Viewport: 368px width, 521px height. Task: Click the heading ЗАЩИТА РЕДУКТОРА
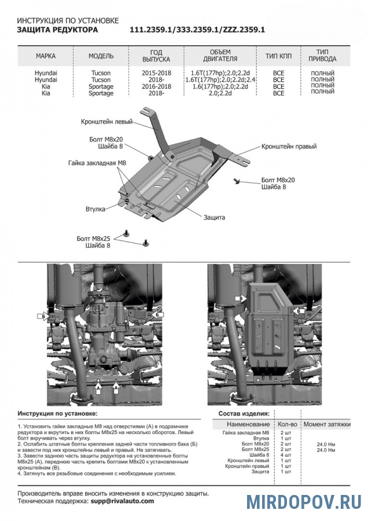pyautogui.click(x=57, y=29)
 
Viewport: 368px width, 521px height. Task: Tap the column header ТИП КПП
pyautogui.click(x=278, y=56)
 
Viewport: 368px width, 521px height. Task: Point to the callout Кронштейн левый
pyautogui.click(x=107, y=122)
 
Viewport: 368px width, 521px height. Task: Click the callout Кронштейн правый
pyautogui.click(x=289, y=146)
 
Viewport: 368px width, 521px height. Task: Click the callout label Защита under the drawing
pyautogui.click(x=214, y=217)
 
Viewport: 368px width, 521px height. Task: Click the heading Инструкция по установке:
pyautogui.click(x=57, y=414)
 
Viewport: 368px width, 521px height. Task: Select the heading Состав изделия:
pyautogui.click(x=243, y=414)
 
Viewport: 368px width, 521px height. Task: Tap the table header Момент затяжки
pyautogui.click(x=327, y=424)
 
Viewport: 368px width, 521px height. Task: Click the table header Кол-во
pyautogui.click(x=288, y=424)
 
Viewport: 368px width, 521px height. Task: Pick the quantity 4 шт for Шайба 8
pyautogui.click(x=285, y=455)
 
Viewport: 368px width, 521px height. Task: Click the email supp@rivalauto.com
pyautogui.click(x=122, y=501)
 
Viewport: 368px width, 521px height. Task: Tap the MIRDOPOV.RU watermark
pyautogui.click(x=304, y=501)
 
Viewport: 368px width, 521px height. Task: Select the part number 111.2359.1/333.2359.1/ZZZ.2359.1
pyautogui.click(x=197, y=29)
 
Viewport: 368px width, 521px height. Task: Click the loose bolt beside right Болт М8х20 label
pyautogui.click(x=238, y=181)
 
